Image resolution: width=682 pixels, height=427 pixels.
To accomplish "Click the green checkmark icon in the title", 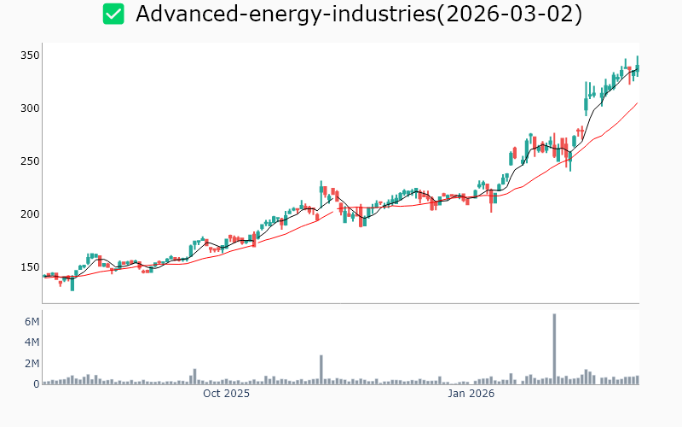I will [x=113, y=14].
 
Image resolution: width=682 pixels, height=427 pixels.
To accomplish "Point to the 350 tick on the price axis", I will [x=30, y=56].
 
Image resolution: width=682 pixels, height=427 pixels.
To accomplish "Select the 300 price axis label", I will [x=30, y=108].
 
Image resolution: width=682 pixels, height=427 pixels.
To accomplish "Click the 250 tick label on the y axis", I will [x=30, y=161].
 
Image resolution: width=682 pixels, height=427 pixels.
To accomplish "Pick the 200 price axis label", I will [x=30, y=214].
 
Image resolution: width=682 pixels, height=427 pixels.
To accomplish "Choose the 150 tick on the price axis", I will [x=30, y=267].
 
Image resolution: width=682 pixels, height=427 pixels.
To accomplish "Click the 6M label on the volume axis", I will [x=32, y=322].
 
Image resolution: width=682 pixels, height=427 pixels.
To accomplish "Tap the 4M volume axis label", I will [x=32, y=342].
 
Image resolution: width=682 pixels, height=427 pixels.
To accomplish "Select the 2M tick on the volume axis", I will [x=32, y=364].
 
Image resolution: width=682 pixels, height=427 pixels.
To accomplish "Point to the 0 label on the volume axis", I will [x=37, y=384].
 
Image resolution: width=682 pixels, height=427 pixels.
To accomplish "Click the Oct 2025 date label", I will [x=226, y=394].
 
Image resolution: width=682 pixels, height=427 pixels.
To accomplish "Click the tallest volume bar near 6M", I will [x=554, y=348].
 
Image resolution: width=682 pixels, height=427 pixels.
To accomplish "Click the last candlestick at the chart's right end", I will [x=637, y=67].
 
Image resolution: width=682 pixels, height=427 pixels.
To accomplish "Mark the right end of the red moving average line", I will [x=637, y=103].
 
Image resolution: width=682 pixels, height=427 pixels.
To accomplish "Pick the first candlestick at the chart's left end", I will [x=44, y=276].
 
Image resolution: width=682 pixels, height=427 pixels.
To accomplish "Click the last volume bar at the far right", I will [x=637, y=380].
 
